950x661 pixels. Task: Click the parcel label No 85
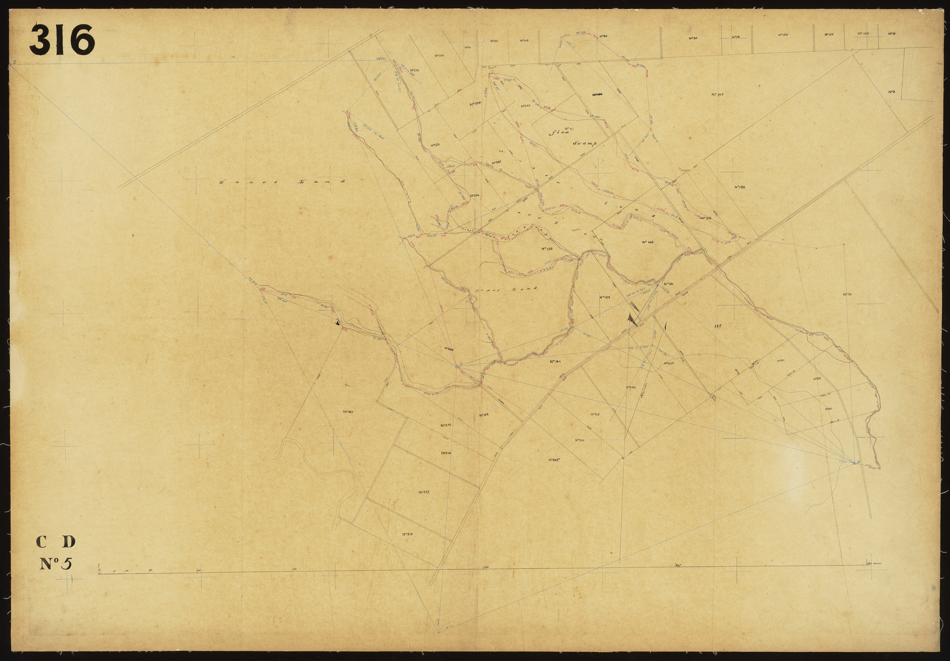(604, 36)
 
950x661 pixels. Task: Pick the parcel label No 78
(736, 37)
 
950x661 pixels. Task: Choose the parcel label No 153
(783, 35)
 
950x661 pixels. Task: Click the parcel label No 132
(739, 187)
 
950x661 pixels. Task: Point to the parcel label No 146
(648, 242)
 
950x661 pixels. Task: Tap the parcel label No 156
(546, 249)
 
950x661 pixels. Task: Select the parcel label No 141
(556, 362)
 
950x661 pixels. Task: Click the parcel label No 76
(846, 294)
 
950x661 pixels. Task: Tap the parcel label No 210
(407, 534)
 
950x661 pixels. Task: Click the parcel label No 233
(436, 145)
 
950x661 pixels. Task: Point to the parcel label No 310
(579, 440)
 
